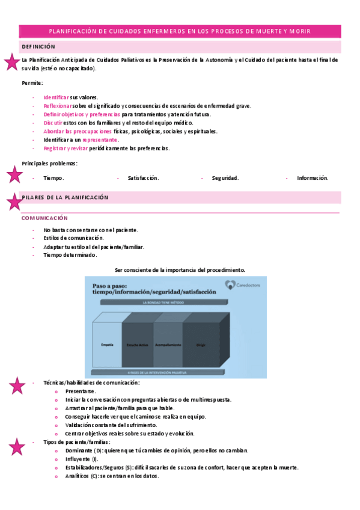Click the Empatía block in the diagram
pyautogui.click(x=107, y=344)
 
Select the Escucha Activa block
pyautogui.click(x=138, y=344)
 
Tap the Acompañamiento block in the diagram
pyautogui.click(x=168, y=344)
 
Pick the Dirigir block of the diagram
pyautogui.click(x=200, y=344)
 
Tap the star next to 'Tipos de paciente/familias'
pyautogui.click(x=17, y=446)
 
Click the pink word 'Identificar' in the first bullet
pyautogui.click(x=56, y=97)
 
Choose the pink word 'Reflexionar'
pyautogui.click(x=58, y=106)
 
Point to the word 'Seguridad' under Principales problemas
pyautogui.click(x=225, y=178)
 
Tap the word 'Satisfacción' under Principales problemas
pyautogui.click(x=143, y=178)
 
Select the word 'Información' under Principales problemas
pyautogui.click(x=313, y=178)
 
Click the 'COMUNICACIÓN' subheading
pyautogui.click(x=44, y=218)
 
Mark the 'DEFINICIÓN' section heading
pyautogui.click(x=38, y=47)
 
